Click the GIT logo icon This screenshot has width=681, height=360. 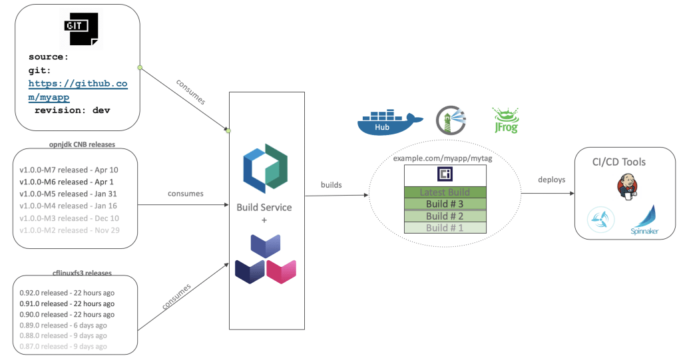[x=79, y=29]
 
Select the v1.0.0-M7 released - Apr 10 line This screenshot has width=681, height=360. [x=69, y=170]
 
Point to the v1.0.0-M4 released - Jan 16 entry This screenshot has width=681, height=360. [x=69, y=206]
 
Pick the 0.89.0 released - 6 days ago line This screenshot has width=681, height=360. [x=63, y=325]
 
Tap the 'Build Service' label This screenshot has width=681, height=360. [x=264, y=207]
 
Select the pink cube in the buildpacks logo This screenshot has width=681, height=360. [x=281, y=270]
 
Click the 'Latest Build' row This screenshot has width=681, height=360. [x=445, y=193]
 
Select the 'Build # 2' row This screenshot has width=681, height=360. [x=445, y=216]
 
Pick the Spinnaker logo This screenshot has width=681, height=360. [x=643, y=220]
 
